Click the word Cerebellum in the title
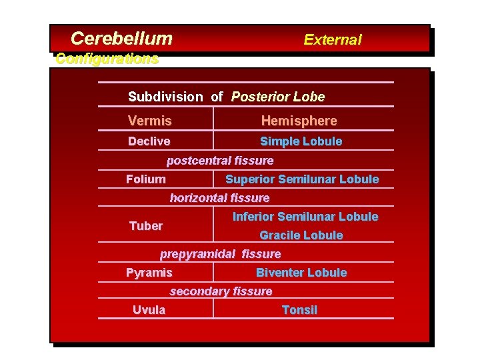(x=121, y=39)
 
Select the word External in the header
(x=332, y=39)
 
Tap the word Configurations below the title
(x=107, y=59)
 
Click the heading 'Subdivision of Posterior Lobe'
(x=226, y=97)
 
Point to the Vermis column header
(x=149, y=121)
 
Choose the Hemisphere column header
(x=299, y=121)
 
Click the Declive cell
(x=149, y=141)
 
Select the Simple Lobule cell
(x=301, y=141)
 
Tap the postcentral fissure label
(x=219, y=161)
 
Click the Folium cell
(x=146, y=179)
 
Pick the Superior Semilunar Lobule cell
(x=302, y=179)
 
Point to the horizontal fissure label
(x=219, y=198)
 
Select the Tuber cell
(x=145, y=226)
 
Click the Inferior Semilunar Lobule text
(x=305, y=217)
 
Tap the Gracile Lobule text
(x=301, y=235)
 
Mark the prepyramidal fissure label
(x=220, y=254)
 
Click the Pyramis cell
(x=149, y=273)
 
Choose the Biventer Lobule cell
(x=301, y=273)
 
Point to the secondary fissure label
(x=221, y=291)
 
